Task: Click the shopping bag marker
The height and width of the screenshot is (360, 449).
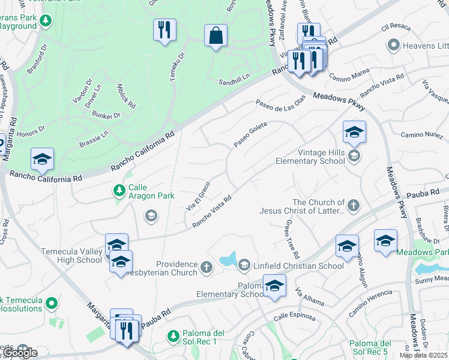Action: tap(215, 35)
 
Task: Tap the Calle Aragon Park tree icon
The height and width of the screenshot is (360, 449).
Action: tap(119, 191)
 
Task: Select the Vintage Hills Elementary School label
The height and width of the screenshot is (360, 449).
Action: tap(310, 157)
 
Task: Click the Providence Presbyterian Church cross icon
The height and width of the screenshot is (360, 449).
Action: tap(206, 266)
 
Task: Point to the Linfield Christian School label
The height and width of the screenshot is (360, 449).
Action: tap(298, 265)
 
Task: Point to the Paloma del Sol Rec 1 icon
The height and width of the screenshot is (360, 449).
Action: tap(173, 335)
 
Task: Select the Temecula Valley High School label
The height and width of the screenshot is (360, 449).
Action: tap(71, 256)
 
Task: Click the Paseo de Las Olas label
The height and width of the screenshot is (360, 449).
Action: tap(280, 103)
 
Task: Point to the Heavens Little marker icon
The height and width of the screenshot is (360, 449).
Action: tap(394, 45)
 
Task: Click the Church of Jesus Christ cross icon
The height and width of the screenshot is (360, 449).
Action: tap(354, 206)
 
